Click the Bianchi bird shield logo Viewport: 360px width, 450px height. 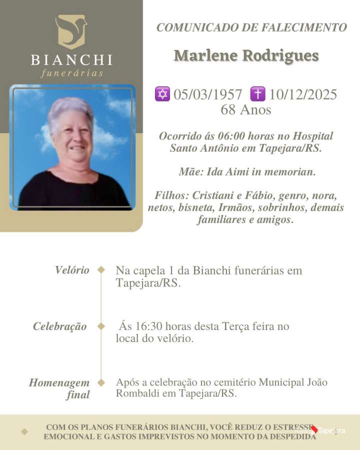coord(71,31)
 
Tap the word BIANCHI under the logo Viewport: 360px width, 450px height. coord(71,60)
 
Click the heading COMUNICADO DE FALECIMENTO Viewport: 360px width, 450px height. coord(251,27)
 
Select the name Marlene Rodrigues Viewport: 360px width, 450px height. coord(246,55)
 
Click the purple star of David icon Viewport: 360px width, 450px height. coord(162,94)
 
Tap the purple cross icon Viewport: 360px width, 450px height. coord(257,94)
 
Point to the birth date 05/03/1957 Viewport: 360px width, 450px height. coord(207,94)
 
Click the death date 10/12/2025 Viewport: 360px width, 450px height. coord(303,94)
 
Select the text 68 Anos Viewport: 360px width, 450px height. coord(245,109)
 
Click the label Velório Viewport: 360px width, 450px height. coord(72,270)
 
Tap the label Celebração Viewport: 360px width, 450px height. coord(60,326)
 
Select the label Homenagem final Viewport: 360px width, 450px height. coord(60,389)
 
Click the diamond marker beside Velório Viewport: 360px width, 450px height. coord(101,270)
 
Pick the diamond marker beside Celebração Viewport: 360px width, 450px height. coord(101,326)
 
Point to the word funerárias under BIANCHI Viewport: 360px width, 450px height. coord(71,73)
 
